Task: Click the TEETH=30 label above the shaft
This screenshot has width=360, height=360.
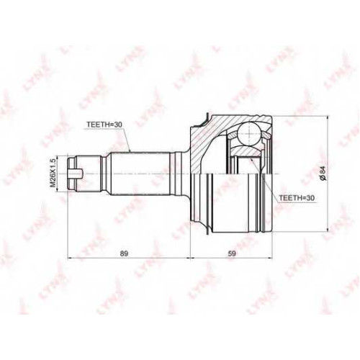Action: pos(104,125)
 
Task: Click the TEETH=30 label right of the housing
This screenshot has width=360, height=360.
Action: pos(296,197)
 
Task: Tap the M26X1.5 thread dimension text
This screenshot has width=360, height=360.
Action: pos(53,173)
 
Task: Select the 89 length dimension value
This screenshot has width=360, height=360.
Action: pos(124,253)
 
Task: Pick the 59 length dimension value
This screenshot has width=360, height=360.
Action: pos(232,253)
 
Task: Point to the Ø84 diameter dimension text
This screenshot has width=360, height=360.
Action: pos(323,174)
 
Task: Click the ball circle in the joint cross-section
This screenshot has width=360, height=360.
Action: pos(249,132)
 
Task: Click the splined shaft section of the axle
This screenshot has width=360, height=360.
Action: pos(140,174)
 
